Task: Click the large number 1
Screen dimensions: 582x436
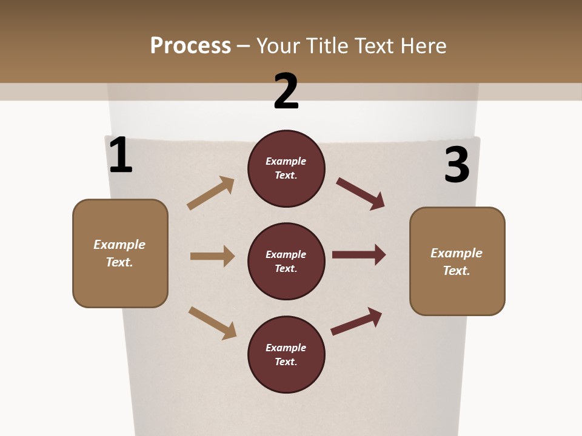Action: click(x=121, y=156)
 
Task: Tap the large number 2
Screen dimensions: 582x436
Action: click(x=286, y=91)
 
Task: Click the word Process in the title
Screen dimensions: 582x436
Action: click(x=190, y=45)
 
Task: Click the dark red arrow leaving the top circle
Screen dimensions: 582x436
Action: click(x=361, y=193)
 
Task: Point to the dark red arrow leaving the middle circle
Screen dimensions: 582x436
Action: click(x=359, y=255)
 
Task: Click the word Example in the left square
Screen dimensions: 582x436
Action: click(x=119, y=245)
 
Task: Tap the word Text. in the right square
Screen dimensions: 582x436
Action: click(x=457, y=271)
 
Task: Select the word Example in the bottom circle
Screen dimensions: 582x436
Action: click(x=286, y=348)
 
